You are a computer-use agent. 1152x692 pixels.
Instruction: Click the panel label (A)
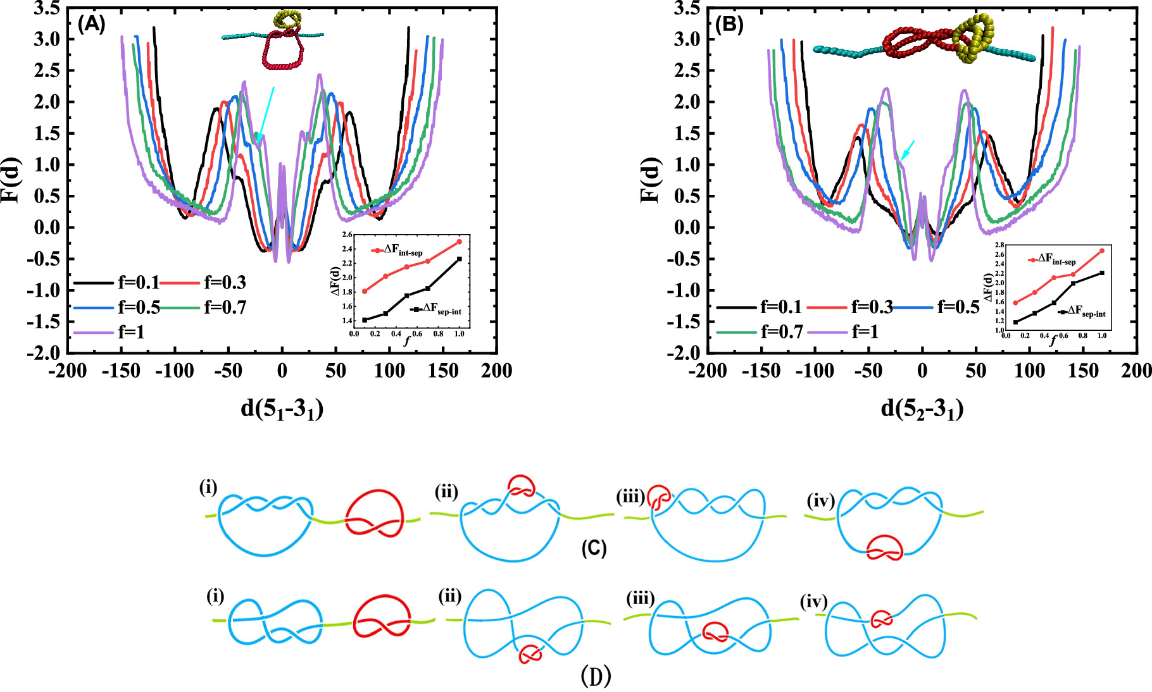click(x=91, y=24)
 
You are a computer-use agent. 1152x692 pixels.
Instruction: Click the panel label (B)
click(x=729, y=25)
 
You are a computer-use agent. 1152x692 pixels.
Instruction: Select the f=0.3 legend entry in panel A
click(x=225, y=282)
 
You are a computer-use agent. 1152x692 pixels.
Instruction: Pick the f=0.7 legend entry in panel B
click(x=782, y=331)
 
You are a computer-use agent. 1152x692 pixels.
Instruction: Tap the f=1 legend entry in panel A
click(x=131, y=331)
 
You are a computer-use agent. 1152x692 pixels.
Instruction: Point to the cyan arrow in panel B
click(x=908, y=150)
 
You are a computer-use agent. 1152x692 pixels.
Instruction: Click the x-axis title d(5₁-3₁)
click(x=282, y=409)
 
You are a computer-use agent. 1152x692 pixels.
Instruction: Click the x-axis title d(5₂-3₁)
click(x=922, y=409)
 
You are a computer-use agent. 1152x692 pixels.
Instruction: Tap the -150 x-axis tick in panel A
click(x=122, y=371)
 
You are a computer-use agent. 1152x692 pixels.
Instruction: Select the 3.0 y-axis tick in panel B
click(x=686, y=39)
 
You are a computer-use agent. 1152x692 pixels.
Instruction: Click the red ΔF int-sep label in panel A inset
click(x=403, y=250)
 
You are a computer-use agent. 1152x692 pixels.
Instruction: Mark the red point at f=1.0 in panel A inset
click(x=460, y=242)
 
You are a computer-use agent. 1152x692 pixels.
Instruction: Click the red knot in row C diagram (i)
click(x=375, y=513)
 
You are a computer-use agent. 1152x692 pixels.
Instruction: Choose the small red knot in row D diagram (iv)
click(x=882, y=619)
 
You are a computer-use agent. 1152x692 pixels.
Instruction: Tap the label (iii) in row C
click(x=630, y=497)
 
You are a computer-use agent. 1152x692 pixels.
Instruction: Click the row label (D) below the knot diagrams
click(x=596, y=677)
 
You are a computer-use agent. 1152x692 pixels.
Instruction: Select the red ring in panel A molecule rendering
click(x=282, y=54)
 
